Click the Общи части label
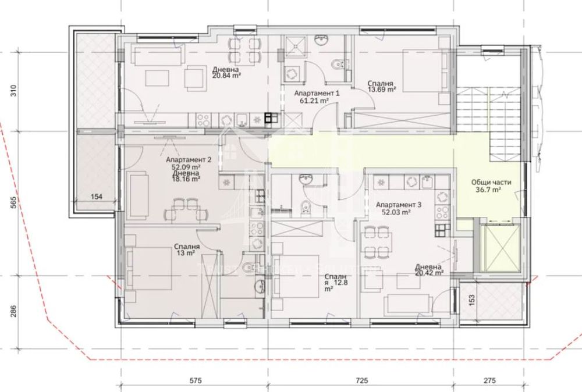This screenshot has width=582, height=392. click(491, 182)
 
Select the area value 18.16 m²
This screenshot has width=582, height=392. click(186, 180)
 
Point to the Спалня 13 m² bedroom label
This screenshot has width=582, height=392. click(187, 250)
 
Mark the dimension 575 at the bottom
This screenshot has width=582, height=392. click(194, 382)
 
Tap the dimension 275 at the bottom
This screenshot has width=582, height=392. click(489, 382)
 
